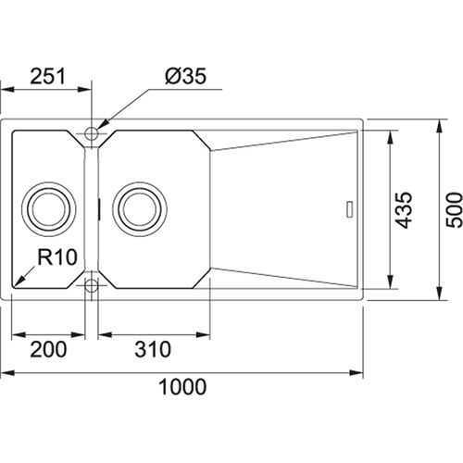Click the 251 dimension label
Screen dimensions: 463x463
click(x=47, y=76)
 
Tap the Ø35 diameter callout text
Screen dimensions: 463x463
click(x=185, y=76)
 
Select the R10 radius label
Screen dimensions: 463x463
click(x=57, y=257)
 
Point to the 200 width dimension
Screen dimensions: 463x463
click(x=48, y=349)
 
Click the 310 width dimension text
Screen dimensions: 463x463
click(x=153, y=349)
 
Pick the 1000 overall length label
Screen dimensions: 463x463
click(x=182, y=387)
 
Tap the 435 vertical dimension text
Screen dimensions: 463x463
click(x=404, y=210)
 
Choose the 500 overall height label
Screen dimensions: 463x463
click(x=455, y=210)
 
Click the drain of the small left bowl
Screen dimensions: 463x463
click(x=48, y=209)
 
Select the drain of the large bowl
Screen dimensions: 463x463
click(x=140, y=209)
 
